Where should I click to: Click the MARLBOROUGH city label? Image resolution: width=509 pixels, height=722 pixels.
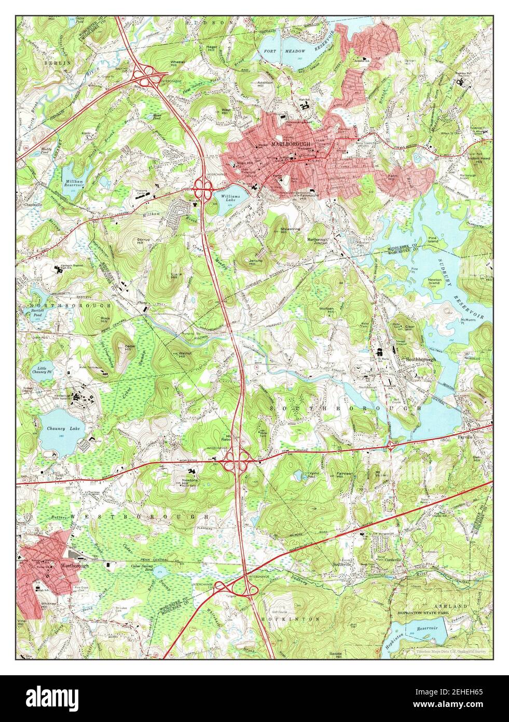click(283, 143)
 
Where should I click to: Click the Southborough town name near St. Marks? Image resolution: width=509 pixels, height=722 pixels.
click(420, 359)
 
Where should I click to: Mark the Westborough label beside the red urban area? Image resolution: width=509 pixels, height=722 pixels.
click(75, 565)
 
